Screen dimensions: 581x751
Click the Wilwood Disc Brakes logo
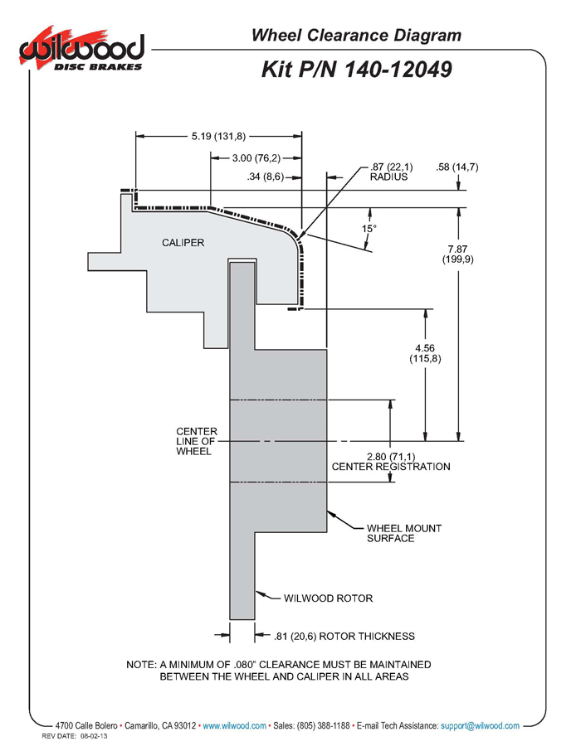coord(81,49)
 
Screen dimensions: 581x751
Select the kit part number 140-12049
coord(398,70)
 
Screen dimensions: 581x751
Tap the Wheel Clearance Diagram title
coord(356,35)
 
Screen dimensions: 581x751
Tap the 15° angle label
coord(369,229)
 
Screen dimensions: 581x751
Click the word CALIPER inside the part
coord(183,243)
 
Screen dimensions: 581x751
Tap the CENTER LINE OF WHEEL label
coord(196,441)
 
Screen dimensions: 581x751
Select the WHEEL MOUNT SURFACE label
coord(404,533)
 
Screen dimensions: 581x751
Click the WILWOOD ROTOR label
coord(328,598)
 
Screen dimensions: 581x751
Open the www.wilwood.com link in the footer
coord(234,726)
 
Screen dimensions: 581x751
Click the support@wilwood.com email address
coord(480,726)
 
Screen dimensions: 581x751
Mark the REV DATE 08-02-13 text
coord(75,736)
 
